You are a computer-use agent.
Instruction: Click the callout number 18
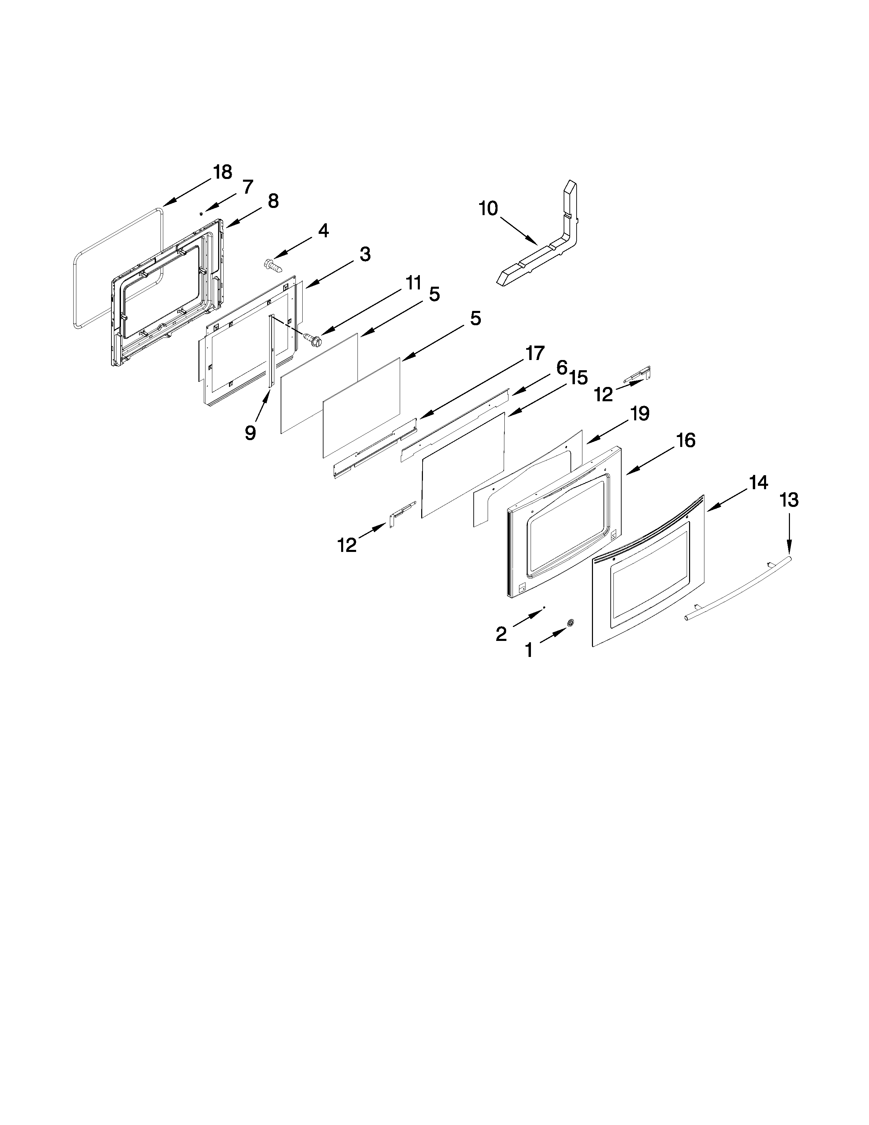coord(223,172)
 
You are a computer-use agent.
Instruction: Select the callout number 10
coord(488,209)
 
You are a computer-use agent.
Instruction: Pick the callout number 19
coord(640,414)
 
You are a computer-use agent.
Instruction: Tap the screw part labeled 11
coord(312,339)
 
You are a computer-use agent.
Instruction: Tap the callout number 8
coord(273,201)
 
